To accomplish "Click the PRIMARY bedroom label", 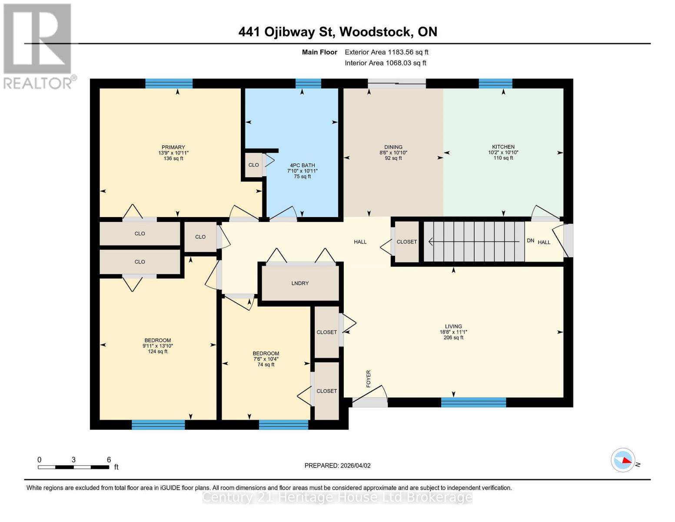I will click(x=173, y=147).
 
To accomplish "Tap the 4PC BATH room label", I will click(x=302, y=165).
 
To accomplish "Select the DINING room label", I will click(x=393, y=147).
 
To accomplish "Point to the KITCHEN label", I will click(x=503, y=147).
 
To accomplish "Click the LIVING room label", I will click(x=453, y=326).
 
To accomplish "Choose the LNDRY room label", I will click(x=300, y=283).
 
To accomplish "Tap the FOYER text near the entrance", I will click(x=369, y=378).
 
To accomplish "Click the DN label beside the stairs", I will click(x=530, y=241).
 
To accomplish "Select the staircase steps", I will click(x=474, y=241).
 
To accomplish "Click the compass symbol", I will click(x=623, y=460).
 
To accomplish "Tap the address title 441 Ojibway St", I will click(x=337, y=32).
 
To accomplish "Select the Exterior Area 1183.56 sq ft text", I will click(x=386, y=52).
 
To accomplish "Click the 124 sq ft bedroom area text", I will click(x=157, y=351).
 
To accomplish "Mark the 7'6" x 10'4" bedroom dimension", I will click(x=266, y=359).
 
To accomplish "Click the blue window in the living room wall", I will click(x=473, y=402).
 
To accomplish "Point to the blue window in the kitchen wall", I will click(x=495, y=84).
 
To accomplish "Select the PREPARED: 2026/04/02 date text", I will click(x=337, y=465).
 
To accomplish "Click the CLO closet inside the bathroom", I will click(x=253, y=165).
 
